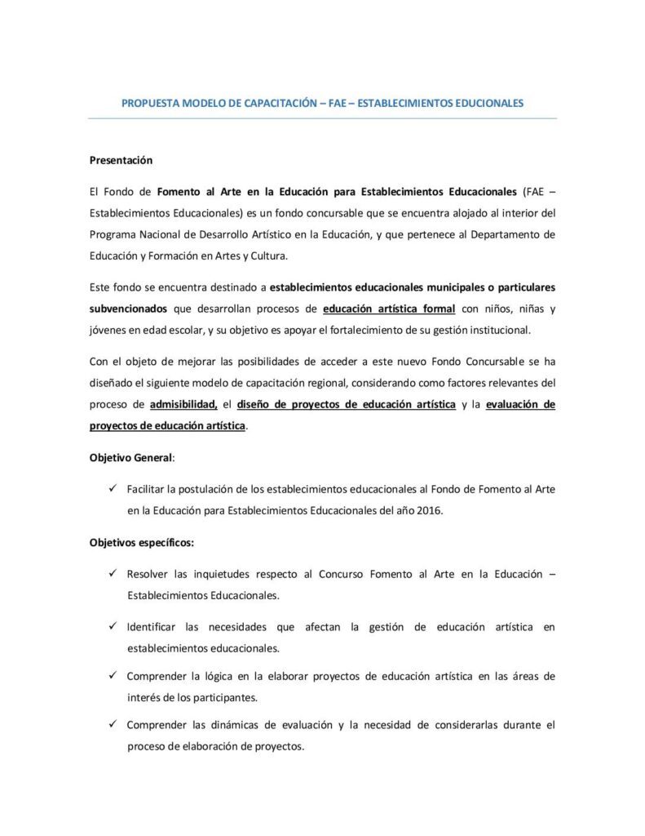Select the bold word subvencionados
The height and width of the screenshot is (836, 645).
pyautogui.click(x=128, y=309)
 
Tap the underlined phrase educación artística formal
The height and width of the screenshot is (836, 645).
pyautogui.click(x=389, y=309)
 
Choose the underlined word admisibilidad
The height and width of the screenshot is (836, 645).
pyautogui.click(x=184, y=404)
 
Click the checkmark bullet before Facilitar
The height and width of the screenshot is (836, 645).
pyautogui.click(x=113, y=488)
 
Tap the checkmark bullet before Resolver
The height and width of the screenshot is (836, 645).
pyautogui.click(x=113, y=574)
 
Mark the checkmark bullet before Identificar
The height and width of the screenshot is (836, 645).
pyautogui.click(x=113, y=627)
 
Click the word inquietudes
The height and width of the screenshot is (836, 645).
pyautogui.click(x=228, y=574)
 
